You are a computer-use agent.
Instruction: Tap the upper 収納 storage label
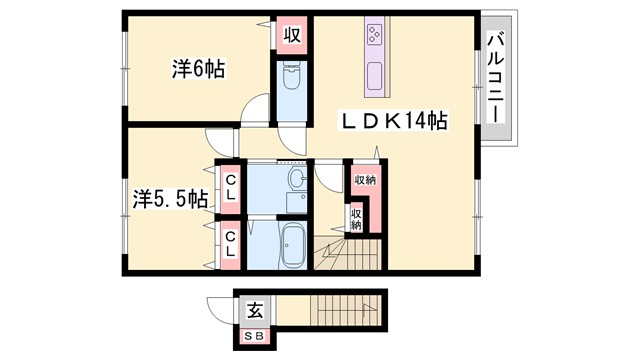coord(365,180)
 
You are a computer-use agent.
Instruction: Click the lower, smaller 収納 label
coord(356,217)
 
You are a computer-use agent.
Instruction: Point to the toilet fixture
coord(291,82)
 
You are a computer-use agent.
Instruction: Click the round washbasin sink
coord(296,181)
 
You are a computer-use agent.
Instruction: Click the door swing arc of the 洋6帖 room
coord(258,108)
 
